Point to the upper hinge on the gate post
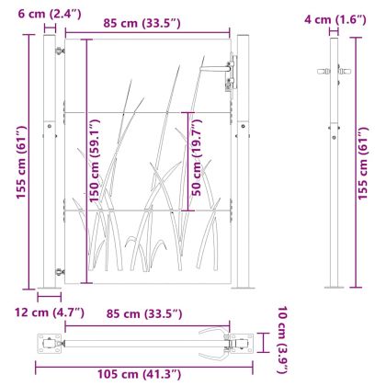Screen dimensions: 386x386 [x=61, y=51]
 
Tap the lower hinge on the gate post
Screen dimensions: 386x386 [x=61, y=271]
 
